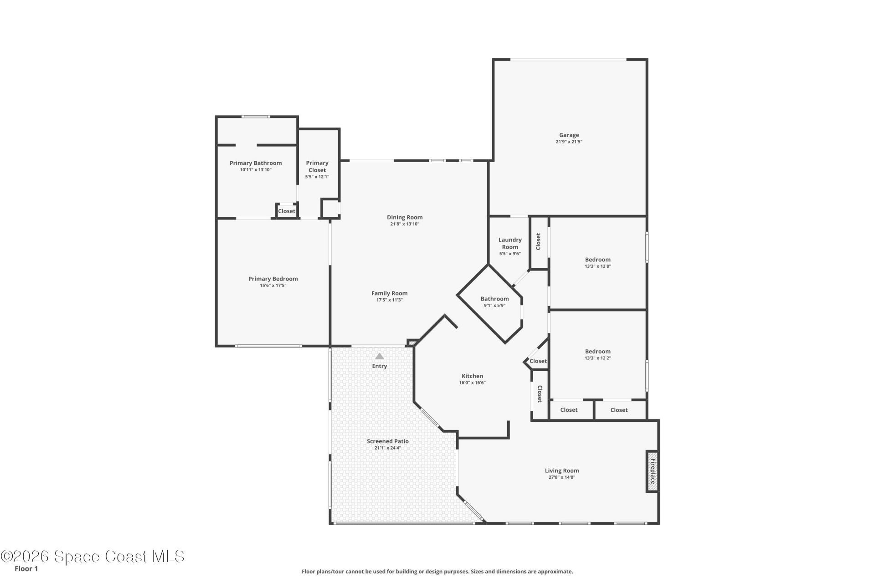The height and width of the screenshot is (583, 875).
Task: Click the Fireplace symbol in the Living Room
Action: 652,471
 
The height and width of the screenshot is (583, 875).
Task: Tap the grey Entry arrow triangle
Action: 379,357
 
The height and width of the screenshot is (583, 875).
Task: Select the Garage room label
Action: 569,135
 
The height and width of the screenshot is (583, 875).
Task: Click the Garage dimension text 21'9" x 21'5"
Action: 569,142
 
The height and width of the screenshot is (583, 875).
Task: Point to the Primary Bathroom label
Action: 255,163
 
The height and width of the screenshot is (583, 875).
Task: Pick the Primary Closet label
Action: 317,166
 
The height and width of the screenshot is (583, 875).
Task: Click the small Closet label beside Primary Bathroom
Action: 287,211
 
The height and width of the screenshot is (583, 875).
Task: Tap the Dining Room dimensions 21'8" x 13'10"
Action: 404,224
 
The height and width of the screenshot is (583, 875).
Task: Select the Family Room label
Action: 389,293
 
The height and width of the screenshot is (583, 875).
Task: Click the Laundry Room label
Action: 510,243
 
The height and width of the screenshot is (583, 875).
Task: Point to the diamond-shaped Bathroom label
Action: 494,299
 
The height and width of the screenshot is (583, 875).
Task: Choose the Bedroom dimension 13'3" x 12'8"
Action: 597,266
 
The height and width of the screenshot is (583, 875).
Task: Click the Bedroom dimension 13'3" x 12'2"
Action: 597,358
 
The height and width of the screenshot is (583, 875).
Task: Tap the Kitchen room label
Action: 472,376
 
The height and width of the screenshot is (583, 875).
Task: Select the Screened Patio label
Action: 387,441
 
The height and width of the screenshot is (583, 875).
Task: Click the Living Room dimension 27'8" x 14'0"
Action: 561,477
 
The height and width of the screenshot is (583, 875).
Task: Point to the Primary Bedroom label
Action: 273,279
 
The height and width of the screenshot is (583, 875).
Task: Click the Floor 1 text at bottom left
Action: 26,568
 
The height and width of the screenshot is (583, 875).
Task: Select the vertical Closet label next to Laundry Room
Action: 538,241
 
